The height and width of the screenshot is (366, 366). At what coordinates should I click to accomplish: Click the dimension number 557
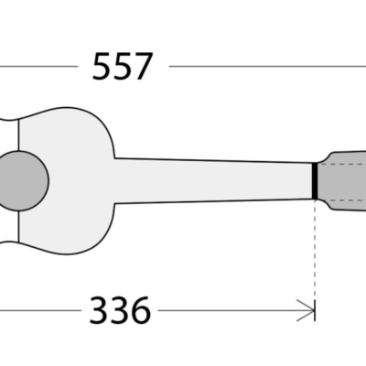(122, 67)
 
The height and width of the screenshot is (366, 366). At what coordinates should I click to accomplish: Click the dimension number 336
(120, 312)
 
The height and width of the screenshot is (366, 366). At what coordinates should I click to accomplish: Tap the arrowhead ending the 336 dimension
(308, 312)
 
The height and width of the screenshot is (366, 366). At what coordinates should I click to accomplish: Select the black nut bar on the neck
(315, 179)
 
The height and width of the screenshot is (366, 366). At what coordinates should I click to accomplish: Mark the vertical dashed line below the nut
(315, 247)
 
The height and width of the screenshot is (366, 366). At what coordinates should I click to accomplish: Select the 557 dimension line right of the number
(265, 67)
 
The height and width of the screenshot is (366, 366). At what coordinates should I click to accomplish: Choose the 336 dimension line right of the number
(229, 312)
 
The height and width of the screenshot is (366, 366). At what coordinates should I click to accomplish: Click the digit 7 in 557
(143, 67)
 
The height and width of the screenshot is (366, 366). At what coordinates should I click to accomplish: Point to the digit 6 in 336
(140, 312)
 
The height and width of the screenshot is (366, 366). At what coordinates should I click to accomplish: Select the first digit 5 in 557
(102, 67)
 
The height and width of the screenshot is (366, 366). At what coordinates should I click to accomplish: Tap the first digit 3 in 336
(99, 312)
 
